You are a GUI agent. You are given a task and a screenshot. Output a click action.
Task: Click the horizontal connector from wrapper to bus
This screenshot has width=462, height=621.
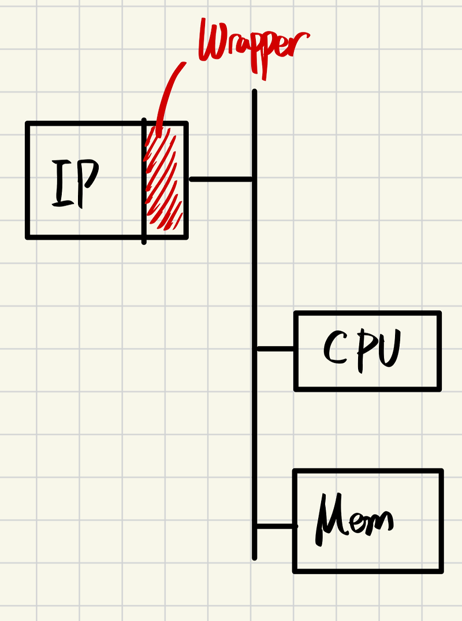click(x=221, y=180)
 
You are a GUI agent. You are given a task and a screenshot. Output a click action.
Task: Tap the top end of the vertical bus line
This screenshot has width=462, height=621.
click(x=254, y=92)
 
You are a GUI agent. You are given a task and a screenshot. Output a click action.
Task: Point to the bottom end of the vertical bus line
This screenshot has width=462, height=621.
click(x=254, y=557)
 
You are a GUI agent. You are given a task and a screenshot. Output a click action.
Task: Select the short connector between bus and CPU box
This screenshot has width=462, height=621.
click(x=275, y=349)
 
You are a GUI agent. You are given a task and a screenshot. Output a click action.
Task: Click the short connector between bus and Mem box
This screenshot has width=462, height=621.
click(x=275, y=526)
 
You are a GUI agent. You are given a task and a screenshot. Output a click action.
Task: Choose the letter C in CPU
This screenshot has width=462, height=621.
click(x=335, y=348)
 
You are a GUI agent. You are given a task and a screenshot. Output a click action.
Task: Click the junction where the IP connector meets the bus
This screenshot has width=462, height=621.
click(x=254, y=180)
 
